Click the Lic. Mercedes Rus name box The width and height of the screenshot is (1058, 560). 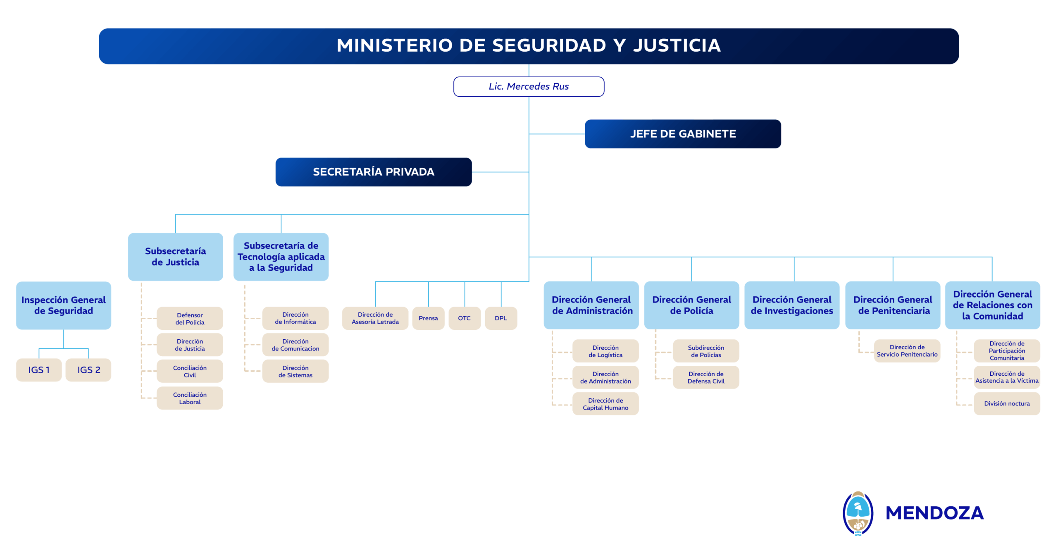(529, 86)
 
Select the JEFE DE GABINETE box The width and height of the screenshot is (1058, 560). (682, 134)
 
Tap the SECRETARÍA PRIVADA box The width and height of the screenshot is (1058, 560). (373, 172)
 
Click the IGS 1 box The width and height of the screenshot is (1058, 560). (39, 370)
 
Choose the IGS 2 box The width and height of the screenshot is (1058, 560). (88, 370)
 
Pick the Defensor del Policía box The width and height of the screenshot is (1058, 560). (190, 318)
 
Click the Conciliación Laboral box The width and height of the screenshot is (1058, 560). (190, 398)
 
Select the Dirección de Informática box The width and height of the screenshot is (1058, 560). (295, 318)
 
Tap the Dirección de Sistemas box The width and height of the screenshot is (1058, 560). (295, 371)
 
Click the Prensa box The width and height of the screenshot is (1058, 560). (428, 318)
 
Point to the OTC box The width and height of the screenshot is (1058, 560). (464, 318)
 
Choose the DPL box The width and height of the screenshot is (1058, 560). (500, 318)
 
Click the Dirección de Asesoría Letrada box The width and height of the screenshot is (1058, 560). (375, 318)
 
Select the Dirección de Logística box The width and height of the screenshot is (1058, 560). (605, 351)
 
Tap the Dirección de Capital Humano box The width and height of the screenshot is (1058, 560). (605, 404)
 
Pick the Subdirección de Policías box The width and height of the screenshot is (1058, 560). (705, 351)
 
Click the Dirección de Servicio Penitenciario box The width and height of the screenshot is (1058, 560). (907, 350)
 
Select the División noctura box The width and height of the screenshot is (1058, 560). (1006, 403)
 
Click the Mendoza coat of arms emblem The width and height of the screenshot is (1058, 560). (858, 513)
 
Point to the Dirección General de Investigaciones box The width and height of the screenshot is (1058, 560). (791, 305)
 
